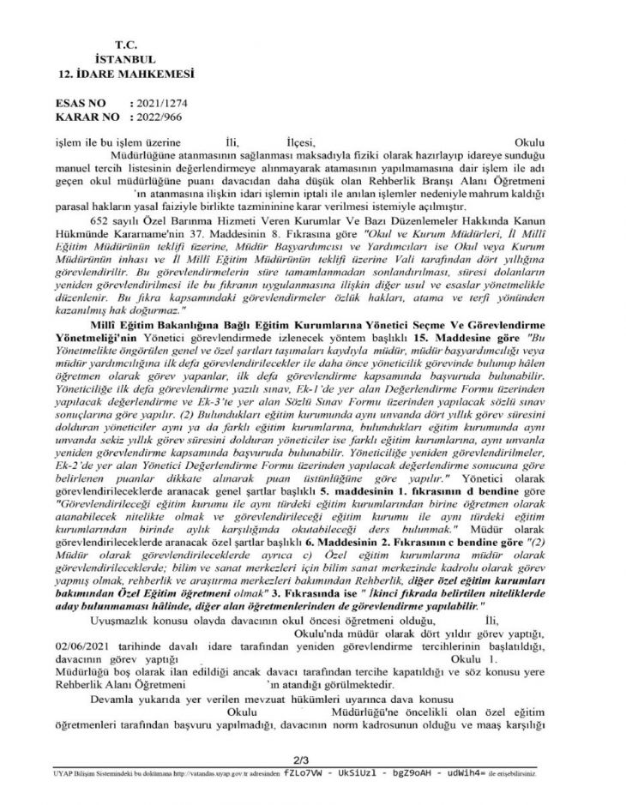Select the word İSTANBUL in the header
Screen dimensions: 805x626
(x=125, y=60)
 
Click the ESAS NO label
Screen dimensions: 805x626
(x=82, y=102)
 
